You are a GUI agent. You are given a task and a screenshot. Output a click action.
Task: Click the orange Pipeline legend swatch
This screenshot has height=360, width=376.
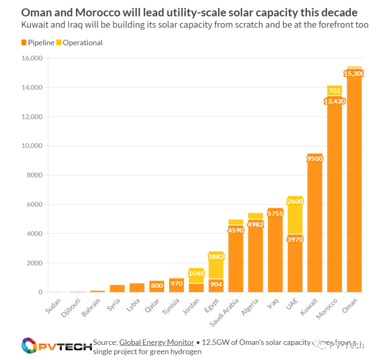point(23,43)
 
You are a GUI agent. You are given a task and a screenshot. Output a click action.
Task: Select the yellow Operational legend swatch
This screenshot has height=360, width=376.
point(59,43)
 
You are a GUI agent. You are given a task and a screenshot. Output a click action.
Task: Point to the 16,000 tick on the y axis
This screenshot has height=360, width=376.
point(32,58)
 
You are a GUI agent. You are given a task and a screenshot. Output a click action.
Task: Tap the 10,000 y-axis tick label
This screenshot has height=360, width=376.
point(32,146)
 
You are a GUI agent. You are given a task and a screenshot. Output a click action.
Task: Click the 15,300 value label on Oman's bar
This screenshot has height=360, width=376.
point(354,73)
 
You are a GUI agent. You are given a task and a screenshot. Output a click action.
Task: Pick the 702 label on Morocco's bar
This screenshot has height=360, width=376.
point(335,91)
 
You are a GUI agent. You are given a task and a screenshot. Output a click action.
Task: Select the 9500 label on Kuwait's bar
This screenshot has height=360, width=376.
point(314,159)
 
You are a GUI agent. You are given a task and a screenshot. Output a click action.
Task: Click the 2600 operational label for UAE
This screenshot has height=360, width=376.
point(295,201)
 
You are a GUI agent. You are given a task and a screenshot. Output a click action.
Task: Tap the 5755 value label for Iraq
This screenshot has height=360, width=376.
point(275,214)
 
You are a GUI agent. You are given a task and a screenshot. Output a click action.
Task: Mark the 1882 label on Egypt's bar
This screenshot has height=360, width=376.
point(216,257)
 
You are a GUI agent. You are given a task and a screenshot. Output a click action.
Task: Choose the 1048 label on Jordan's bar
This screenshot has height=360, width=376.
point(196,273)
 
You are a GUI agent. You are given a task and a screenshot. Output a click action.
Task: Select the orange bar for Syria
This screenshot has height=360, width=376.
point(117,288)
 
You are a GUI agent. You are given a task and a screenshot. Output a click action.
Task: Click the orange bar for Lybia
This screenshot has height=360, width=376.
point(137,288)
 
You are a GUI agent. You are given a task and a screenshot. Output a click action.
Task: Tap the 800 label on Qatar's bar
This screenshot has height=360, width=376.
point(157,286)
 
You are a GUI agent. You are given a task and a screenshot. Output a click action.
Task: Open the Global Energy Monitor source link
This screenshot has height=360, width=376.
point(157,343)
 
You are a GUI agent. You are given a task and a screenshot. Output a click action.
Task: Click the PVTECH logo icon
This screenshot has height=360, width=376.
point(30,346)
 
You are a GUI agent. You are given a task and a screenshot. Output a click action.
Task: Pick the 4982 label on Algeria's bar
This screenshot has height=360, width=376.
point(255,224)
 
